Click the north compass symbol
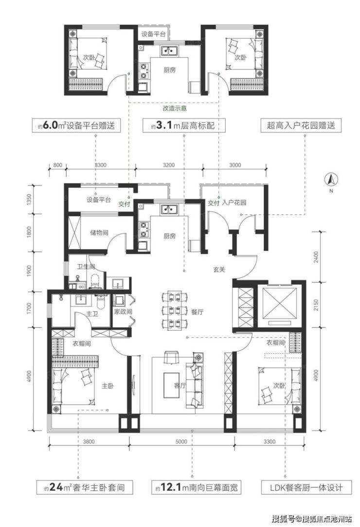tap(331, 180)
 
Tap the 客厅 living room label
tap(180, 385)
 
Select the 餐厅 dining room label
tap(198, 312)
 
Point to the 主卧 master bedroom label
tap(108, 386)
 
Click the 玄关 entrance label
tap(219, 269)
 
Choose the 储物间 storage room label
tap(99, 232)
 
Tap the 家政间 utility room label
tap(123, 311)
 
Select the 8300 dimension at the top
tap(101, 165)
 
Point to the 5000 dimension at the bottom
tap(181, 442)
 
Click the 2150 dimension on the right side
tap(315, 305)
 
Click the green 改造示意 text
tap(175, 108)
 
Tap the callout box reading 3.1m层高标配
tap(184, 126)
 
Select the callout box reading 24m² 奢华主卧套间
tap(84, 487)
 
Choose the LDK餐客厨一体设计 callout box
tap(306, 487)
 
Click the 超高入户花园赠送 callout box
tap(301, 126)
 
